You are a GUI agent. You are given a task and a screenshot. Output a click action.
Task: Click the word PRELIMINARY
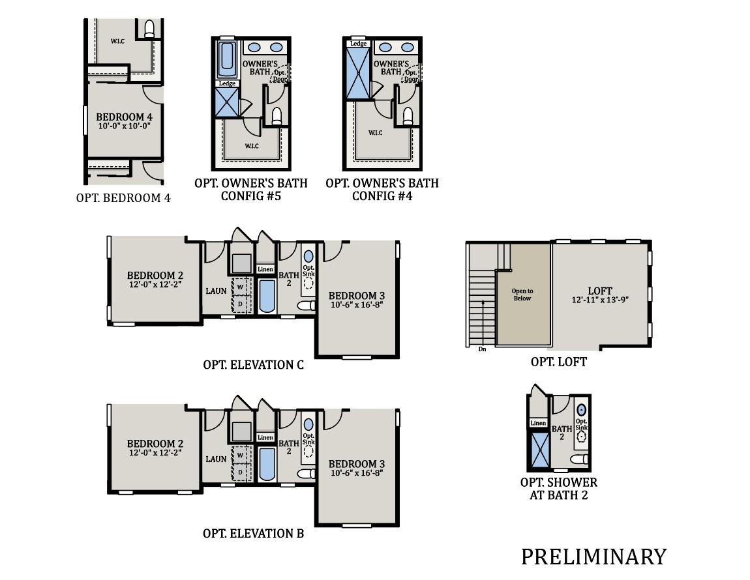[593, 557]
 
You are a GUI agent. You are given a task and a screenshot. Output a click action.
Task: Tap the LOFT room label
[599, 291]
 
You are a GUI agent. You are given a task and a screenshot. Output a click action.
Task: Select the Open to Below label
[522, 295]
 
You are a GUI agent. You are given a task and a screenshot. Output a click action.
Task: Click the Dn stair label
[483, 349]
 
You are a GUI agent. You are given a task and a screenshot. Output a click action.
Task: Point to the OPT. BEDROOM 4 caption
[123, 198]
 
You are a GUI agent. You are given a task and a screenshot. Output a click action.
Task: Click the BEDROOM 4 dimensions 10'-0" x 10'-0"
[124, 126]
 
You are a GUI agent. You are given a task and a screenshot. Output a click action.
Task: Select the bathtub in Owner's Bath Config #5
[228, 60]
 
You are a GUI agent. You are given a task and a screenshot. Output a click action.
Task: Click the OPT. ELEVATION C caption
[253, 365]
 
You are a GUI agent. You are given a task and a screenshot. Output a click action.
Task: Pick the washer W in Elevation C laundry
[240, 287]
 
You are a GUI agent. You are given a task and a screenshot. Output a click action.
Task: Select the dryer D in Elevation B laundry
[240, 472]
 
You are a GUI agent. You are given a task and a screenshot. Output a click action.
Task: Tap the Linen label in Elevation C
[265, 269]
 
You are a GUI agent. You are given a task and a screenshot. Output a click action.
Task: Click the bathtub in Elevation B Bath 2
[267, 464]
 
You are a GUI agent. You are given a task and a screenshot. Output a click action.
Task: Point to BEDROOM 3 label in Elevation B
[356, 464]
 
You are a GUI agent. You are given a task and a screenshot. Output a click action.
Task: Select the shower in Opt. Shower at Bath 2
[539, 451]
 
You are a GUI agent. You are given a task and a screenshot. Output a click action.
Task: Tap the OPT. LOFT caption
[558, 362]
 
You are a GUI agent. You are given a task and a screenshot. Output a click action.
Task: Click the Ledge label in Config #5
[227, 83]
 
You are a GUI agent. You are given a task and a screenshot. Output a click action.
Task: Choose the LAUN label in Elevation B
[216, 459]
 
